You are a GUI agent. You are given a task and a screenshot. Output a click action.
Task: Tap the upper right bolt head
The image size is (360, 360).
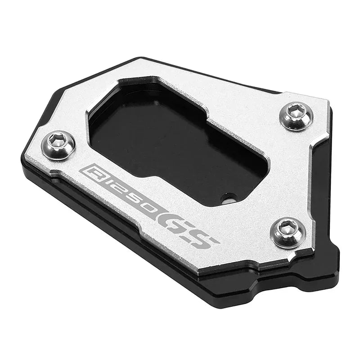[x=296, y=116]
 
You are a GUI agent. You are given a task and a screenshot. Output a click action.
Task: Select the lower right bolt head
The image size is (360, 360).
[x=288, y=231]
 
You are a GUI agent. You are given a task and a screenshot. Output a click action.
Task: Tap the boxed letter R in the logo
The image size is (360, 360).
[x=89, y=171]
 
